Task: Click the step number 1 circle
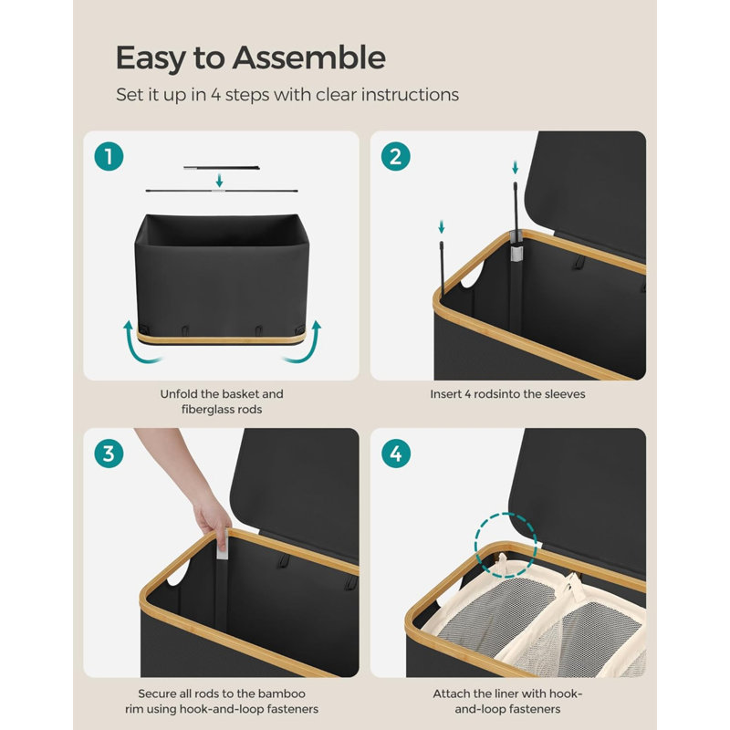[109, 156]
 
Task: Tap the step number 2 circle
[395, 156]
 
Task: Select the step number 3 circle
[109, 454]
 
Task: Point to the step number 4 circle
[396, 454]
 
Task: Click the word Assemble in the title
[308, 57]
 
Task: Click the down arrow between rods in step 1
[219, 181]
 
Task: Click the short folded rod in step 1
[222, 168]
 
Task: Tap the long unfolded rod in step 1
[222, 191]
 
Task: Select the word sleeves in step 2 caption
[565, 394]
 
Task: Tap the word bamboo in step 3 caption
[282, 693]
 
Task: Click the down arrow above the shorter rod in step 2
[442, 226]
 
